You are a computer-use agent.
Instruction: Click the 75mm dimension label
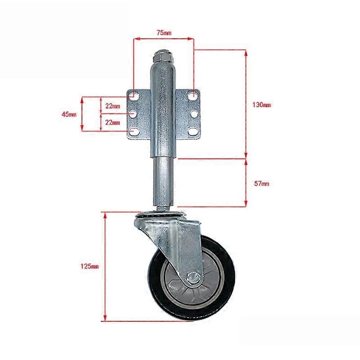(164, 33)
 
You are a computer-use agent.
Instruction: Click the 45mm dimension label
(69, 114)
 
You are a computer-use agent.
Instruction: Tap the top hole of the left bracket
(134, 96)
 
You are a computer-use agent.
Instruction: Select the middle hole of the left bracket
(133, 114)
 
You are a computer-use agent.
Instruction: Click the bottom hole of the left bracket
(134, 131)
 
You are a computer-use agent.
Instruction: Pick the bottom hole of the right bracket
(193, 131)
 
